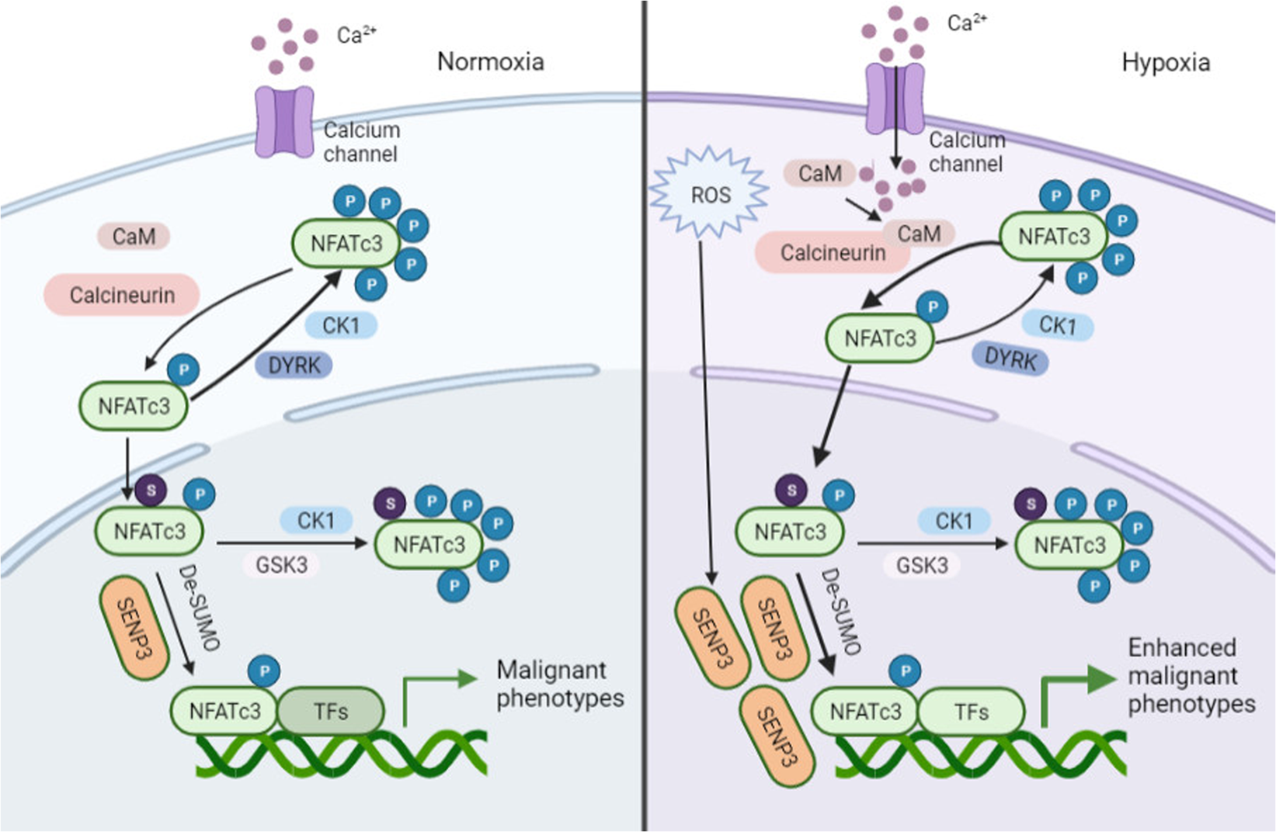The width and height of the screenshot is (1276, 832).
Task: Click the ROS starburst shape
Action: tap(709, 194)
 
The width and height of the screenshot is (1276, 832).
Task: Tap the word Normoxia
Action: tap(490, 61)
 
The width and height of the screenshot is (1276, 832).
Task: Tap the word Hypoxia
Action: tap(1165, 62)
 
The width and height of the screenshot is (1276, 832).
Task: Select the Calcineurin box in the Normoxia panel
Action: tap(122, 295)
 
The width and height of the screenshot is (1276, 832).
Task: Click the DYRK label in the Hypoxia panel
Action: tap(1010, 359)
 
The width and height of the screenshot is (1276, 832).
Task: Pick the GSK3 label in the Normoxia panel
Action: tap(281, 564)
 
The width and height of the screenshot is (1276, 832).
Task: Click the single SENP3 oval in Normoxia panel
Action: tap(134, 627)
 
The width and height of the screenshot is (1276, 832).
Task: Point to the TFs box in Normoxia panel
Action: tap(331, 711)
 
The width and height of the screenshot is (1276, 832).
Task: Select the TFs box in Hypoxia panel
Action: tap(971, 712)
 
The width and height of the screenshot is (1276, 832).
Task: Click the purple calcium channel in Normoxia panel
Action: tap(284, 122)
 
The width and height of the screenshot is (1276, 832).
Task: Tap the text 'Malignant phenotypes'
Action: tap(559, 684)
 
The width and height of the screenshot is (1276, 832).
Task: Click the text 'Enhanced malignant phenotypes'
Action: tap(1191, 675)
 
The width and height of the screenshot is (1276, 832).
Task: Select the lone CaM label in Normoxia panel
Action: tap(134, 236)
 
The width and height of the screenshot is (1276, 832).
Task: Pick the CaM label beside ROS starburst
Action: tap(819, 173)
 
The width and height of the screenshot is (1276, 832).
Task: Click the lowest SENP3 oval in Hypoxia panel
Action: tap(776, 737)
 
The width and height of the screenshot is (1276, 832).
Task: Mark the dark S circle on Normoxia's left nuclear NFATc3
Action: tap(151, 490)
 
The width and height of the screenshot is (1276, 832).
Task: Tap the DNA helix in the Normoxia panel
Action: tap(342, 754)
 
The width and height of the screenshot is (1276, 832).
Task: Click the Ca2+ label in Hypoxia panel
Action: tap(966, 23)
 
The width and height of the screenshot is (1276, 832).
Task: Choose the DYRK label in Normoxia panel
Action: tap(294, 365)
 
